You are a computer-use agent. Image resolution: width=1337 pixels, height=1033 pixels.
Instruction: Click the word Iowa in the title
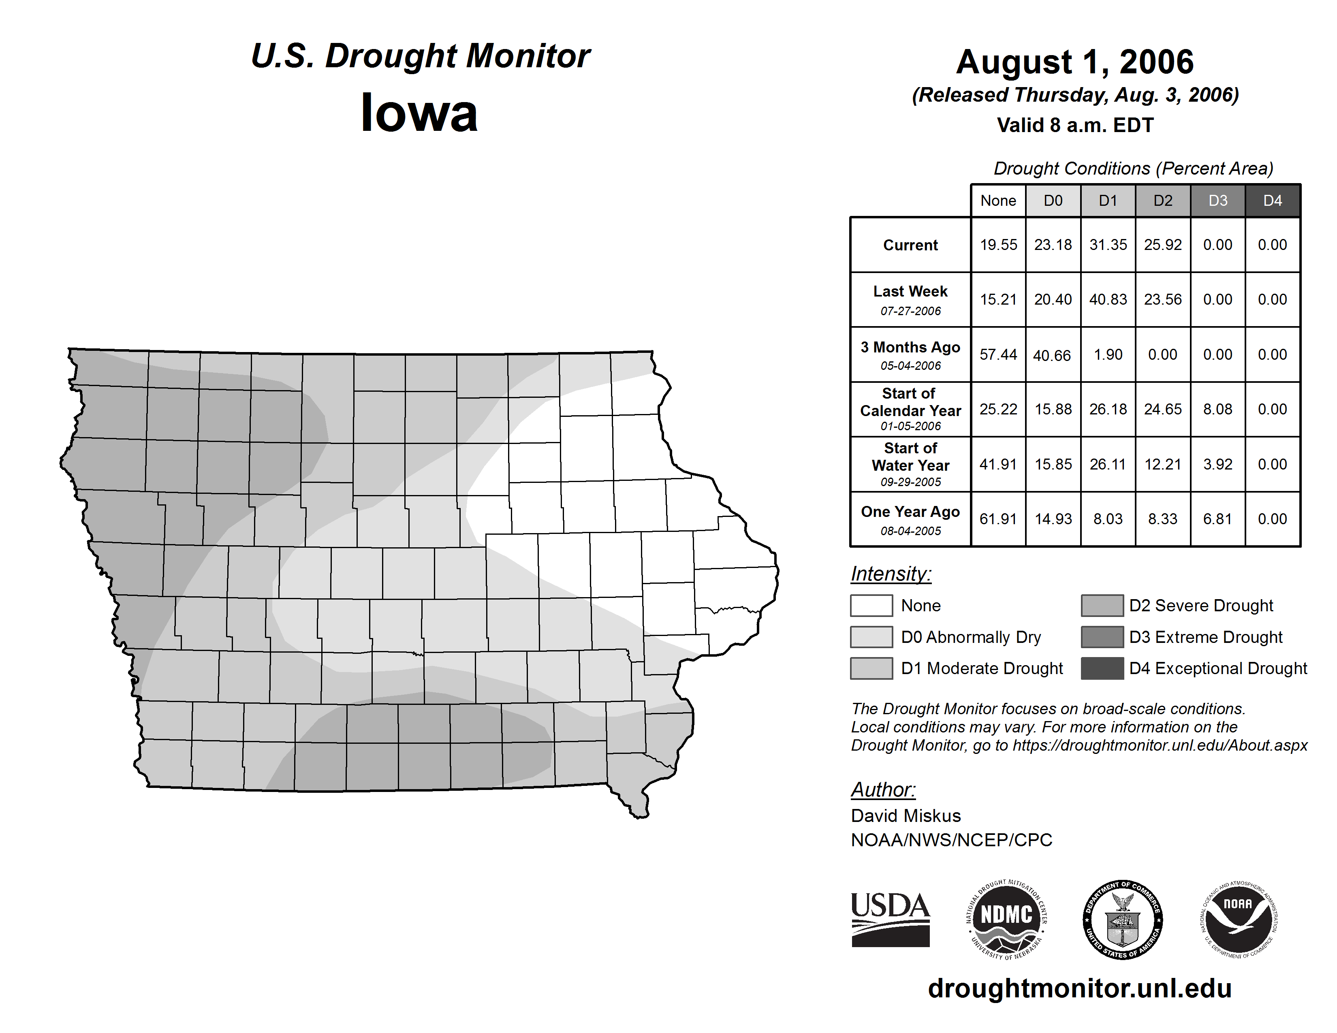(419, 113)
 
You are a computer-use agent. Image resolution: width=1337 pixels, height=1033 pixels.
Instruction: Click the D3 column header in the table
(1217, 201)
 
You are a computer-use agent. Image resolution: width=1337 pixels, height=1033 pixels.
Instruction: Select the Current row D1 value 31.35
(1108, 245)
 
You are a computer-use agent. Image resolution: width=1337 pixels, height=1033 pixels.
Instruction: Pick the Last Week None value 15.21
(998, 299)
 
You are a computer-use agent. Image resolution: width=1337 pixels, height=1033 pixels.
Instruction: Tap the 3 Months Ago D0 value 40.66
(1052, 355)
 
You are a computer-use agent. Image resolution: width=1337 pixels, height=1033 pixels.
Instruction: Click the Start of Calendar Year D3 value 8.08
(1217, 409)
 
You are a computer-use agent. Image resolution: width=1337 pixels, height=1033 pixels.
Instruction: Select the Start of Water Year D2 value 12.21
(1162, 464)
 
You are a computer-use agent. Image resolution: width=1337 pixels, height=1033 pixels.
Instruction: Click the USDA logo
(890, 919)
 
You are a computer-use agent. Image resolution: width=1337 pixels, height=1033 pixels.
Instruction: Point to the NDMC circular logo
(1006, 919)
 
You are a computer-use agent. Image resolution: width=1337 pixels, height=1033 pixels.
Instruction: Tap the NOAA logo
(1239, 919)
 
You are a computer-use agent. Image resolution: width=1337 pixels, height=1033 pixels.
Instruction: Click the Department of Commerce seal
(1123, 919)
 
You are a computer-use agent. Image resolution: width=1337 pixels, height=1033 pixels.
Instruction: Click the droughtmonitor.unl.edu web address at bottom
(1080, 988)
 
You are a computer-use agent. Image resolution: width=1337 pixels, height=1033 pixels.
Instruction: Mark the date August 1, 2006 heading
(1075, 62)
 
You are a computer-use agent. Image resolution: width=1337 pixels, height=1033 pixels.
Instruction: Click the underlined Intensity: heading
(891, 574)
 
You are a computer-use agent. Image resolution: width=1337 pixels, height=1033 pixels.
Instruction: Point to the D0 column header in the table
(1053, 201)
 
